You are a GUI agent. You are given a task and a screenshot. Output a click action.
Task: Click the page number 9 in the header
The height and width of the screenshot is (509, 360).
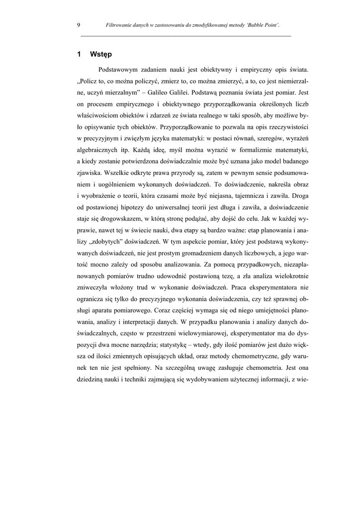pyautogui.click(x=79, y=25)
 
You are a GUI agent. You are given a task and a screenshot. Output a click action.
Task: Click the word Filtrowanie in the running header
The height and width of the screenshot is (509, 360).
pyautogui.click(x=119, y=25)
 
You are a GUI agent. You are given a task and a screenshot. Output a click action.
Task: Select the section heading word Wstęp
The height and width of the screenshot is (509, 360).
pyautogui.click(x=101, y=54)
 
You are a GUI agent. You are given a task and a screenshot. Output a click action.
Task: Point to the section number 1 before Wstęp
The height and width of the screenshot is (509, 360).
pyautogui.click(x=80, y=54)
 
